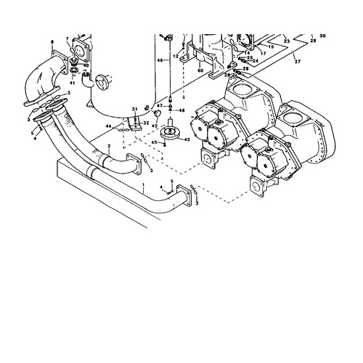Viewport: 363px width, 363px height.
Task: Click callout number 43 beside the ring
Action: click(188, 139)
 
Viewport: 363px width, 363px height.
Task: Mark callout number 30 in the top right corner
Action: click(322, 35)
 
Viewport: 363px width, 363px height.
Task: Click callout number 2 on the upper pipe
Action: click(108, 147)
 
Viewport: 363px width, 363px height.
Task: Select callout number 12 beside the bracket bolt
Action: click(175, 56)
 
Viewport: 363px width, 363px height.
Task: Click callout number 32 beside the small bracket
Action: click(145, 123)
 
